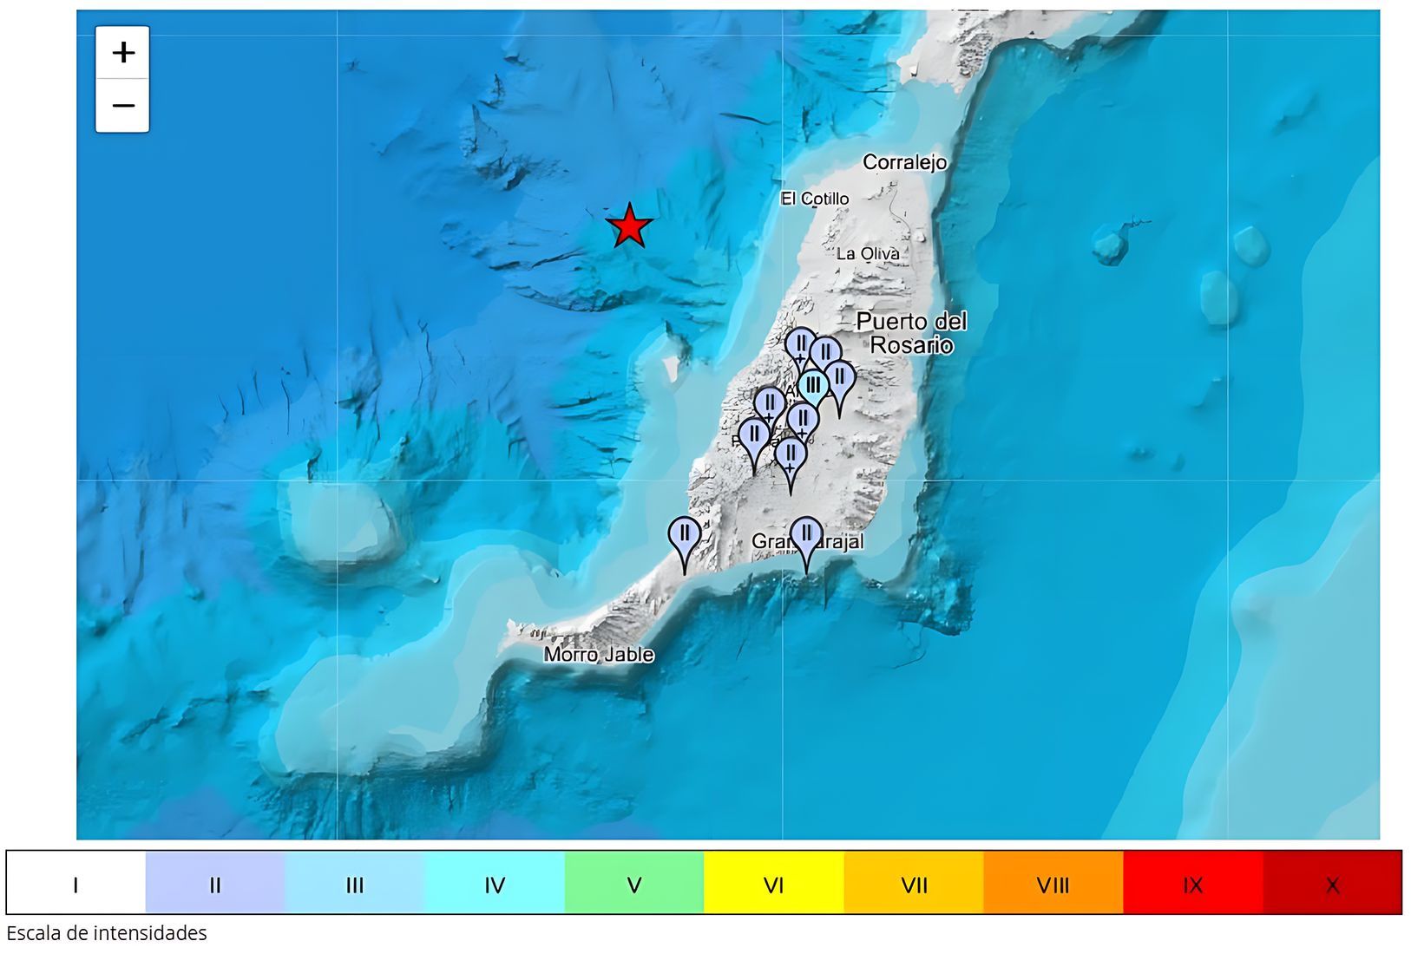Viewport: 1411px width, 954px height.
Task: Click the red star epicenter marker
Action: pyautogui.click(x=629, y=226)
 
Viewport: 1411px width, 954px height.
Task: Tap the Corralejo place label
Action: pyautogui.click(x=904, y=162)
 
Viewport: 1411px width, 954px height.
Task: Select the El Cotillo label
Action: pyautogui.click(x=814, y=199)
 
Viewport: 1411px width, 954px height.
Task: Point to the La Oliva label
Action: pyautogui.click(x=867, y=253)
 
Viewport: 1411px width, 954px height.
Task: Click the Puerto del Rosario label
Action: pyautogui.click(x=911, y=333)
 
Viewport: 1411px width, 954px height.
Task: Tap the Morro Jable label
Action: pyautogui.click(x=599, y=655)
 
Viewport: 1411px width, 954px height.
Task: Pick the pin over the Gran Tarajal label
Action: pyautogui.click(x=807, y=535)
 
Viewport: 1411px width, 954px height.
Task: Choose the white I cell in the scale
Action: pyautogui.click(x=75, y=885)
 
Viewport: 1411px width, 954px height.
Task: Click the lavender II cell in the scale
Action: pyautogui.click(x=215, y=885)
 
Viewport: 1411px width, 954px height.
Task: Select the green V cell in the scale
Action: pyautogui.click(x=634, y=885)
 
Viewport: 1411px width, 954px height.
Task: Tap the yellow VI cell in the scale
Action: pyautogui.click(x=774, y=885)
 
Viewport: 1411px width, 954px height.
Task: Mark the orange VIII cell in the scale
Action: pyautogui.click(x=1053, y=885)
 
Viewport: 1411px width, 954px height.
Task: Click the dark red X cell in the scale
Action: pyautogui.click(x=1332, y=885)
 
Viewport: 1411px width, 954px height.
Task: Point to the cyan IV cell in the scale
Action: pyautogui.click(x=495, y=885)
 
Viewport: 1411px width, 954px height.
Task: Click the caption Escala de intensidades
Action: pyautogui.click(x=107, y=934)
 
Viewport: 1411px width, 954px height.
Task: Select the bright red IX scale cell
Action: pyautogui.click(x=1192, y=885)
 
